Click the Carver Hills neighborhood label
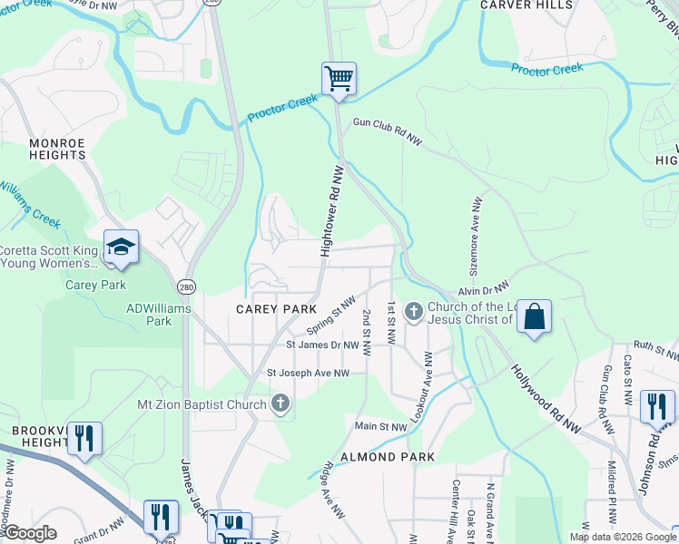(x=526, y=5)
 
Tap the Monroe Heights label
(x=57, y=149)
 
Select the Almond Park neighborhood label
(x=388, y=457)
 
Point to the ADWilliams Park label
(x=148, y=315)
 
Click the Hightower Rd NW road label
(x=332, y=210)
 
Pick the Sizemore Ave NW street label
(x=474, y=227)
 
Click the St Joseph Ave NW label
(x=308, y=373)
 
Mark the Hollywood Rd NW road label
(x=544, y=398)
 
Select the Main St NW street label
(x=380, y=426)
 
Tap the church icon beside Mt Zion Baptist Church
(x=280, y=403)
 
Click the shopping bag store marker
(x=535, y=317)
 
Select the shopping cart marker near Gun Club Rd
(x=339, y=78)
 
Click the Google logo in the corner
(x=30, y=534)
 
